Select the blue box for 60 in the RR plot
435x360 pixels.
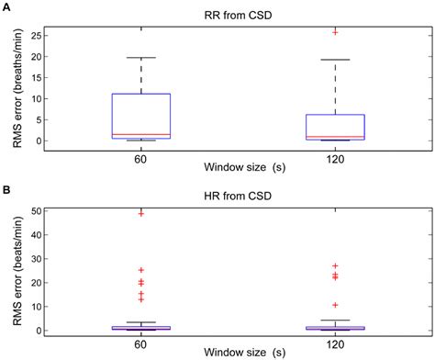(x=141, y=115)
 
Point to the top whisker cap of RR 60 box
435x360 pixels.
(x=141, y=57)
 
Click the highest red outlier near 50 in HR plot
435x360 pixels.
(x=141, y=213)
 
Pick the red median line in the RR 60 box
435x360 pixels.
(x=141, y=134)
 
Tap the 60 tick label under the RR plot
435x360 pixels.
(x=141, y=155)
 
